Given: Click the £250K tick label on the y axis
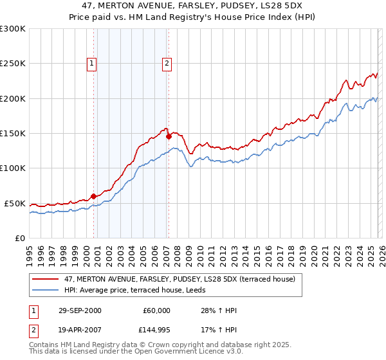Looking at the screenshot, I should [13, 64].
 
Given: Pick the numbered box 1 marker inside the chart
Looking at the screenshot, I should [92, 63].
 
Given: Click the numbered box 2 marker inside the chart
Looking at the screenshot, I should [167, 63].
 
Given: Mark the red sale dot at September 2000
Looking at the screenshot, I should [94, 196].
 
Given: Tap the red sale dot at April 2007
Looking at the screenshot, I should [169, 136].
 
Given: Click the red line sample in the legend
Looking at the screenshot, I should [45, 279].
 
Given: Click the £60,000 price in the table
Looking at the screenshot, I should [156, 310].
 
